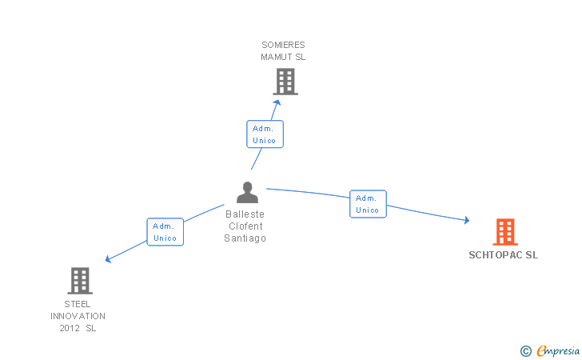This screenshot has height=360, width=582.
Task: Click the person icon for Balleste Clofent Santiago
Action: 247,192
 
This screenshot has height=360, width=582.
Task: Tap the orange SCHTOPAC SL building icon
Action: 505,232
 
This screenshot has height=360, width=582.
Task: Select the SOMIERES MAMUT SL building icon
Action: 285,82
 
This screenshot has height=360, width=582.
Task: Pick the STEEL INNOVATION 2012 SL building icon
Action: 80,281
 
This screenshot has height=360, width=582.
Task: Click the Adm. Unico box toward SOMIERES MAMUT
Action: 265,134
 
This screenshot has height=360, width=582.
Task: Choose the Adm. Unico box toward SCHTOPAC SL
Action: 368,204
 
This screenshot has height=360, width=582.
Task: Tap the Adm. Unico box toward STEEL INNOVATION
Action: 165,232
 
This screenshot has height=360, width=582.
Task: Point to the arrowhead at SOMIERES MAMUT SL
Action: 277,102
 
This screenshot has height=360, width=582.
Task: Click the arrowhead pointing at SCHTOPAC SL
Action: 467,220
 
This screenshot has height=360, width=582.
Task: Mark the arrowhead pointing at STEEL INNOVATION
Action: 109,259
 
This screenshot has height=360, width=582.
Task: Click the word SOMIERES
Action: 283,45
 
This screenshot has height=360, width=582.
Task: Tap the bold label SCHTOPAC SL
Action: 504,255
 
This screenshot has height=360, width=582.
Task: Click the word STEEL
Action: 78,304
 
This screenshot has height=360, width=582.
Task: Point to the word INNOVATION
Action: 78,316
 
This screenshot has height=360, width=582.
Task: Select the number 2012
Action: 70,328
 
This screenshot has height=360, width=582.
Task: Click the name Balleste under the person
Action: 245,214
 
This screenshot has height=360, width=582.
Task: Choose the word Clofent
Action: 245,226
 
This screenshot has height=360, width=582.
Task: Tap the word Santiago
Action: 245,238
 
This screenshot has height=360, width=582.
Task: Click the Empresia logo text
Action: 558,350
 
